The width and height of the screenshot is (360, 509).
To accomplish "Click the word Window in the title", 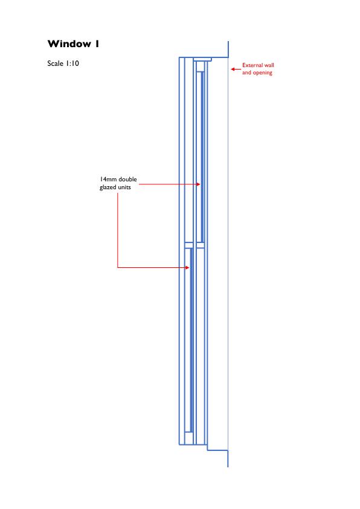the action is [x=69, y=44].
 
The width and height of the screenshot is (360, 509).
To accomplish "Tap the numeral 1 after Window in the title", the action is [x=97, y=44].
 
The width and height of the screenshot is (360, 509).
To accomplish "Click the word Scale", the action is [x=55, y=63].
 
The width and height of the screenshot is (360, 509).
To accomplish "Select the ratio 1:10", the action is [x=72, y=63].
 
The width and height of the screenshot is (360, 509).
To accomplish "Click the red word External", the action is [x=252, y=65].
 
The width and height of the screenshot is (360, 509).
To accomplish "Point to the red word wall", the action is [x=269, y=65].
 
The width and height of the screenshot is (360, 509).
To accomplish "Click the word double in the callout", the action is [x=128, y=179].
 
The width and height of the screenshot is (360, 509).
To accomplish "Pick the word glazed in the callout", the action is [x=108, y=187].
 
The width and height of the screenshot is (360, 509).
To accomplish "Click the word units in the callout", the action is [x=124, y=187].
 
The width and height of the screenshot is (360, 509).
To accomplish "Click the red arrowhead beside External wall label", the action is [x=233, y=69].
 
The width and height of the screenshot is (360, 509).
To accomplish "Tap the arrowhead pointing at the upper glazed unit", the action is [x=199, y=184].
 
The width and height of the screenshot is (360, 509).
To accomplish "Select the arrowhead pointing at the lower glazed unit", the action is [x=187, y=267].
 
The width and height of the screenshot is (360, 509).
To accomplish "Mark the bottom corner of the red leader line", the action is [x=117, y=267].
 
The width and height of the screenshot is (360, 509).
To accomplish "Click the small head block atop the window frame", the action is [x=203, y=59].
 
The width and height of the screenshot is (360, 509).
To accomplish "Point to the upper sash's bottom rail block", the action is [x=201, y=245].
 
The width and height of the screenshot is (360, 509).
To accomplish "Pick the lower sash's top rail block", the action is [x=188, y=245].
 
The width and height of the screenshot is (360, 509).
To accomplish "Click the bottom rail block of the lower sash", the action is [x=188, y=438].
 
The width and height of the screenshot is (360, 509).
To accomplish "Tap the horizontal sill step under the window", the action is [x=217, y=450].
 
